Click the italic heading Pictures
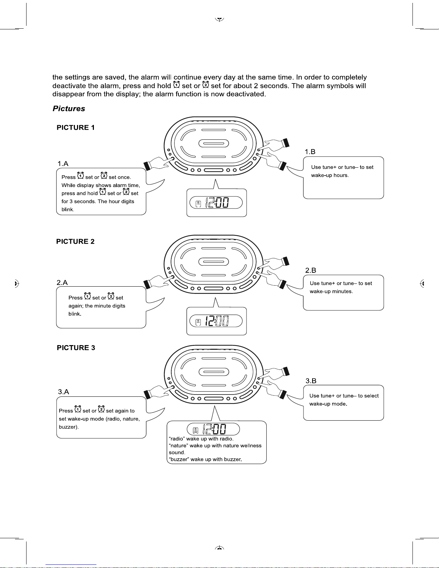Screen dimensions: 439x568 pyautogui.click(x=69, y=109)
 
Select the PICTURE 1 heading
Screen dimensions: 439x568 pyautogui.click(x=76, y=128)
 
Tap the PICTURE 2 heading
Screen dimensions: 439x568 pyautogui.click(x=75, y=242)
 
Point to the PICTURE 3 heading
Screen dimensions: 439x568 pyautogui.click(x=76, y=348)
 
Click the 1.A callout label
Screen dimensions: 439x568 pyautogui.click(x=63, y=164)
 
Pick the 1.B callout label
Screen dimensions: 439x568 pyautogui.click(x=310, y=152)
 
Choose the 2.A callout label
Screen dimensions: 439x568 pyautogui.click(x=62, y=282)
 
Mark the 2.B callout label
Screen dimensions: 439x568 pyautogui.click(x=311, y=270)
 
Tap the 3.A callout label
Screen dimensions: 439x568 pyautogui.click(x=63, y=392)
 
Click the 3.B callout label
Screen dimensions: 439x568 pyautogui.click(x=311, y=381)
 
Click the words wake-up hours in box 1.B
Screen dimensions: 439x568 pyautogui.click(x=329, y=175)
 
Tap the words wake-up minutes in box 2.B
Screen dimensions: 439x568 pyautogui.click(x=331, y=291)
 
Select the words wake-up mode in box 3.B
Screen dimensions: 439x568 pyautogui.click(x=328, y=404)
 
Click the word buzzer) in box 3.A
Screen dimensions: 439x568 pyautogui.click(x=69, y=427)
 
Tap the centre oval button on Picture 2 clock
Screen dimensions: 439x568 pyautogui.click(x=214, y=262)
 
